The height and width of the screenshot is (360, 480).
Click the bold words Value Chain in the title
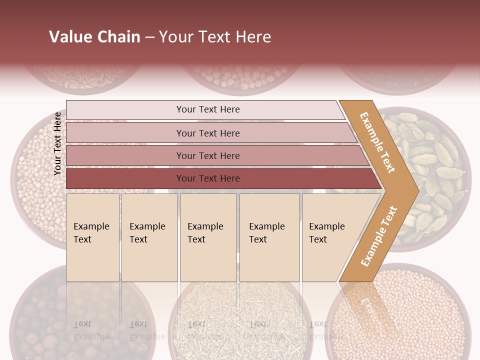click(94, 37)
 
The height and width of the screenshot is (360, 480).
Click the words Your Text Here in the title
click(215, 37)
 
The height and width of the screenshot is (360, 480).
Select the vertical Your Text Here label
click(58, 143)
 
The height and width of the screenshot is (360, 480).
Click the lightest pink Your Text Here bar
click(207, 109)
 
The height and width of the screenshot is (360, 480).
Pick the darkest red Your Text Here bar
click(207, 178)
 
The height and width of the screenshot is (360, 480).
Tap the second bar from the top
click(207, 133)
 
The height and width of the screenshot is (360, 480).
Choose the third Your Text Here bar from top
click(207, 155)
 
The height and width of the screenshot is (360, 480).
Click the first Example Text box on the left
click(92, 237)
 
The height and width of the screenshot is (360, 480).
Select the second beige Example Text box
click(149, 237)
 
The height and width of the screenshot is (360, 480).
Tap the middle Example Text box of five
click(208, 237)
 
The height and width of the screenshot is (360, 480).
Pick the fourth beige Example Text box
click(269, 237)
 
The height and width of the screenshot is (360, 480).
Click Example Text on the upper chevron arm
click(377, 142)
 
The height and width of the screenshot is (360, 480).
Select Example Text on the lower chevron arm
click(378, 236)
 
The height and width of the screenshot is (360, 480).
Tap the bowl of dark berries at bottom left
click(55, 320)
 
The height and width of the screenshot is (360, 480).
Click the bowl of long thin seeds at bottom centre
click(240, 320)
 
